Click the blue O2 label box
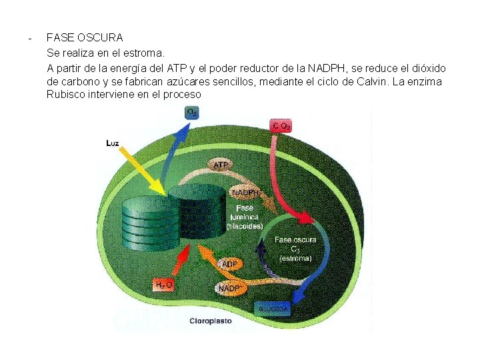192,113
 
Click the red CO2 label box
281,125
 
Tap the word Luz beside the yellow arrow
113,143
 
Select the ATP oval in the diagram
220,163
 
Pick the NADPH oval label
245,193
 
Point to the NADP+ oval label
229,289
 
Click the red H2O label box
164,285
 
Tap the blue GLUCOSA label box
273,309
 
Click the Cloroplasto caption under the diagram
210,321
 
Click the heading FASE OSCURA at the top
85,37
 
